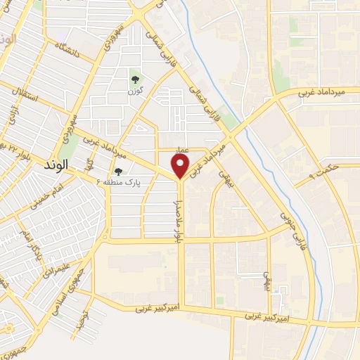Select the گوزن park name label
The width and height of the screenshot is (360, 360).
[136, 91]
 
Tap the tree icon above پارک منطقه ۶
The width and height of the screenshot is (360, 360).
[118, 171]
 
